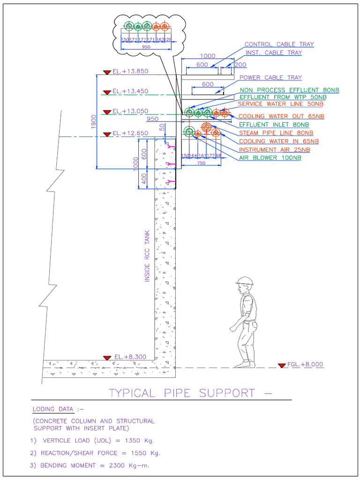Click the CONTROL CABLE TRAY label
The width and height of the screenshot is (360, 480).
pyautogui.click(x=279, y=45)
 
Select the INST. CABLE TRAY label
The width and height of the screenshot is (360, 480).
pyautogui.click(x=274, y=53)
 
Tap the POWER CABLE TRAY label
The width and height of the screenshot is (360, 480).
pyautogui.click(x=270, y=78)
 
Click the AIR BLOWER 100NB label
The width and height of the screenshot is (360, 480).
pyautogui.click(x=270, y=158)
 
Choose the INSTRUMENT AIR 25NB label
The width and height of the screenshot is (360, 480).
pyautogui.click(x=274, y=150)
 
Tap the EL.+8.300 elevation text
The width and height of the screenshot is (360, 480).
pyautogui.click(x=130, y=357)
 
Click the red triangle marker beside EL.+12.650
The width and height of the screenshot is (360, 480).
pyautogui.click(x=107, y=134)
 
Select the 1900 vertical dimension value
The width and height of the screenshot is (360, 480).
pyautogui.click(x=94, y=121)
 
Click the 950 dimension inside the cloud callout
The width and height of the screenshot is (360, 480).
pyautogui.click(x=146, y=47)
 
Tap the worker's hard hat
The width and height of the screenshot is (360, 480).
pyautogui.click(x=244, y=281)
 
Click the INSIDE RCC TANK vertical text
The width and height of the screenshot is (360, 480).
pyautogui.click(x=147, y=255)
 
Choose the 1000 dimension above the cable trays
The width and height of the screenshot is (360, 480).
pyautogui.click(x=204, y=56)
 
